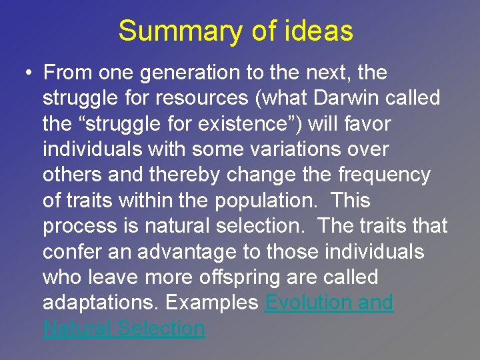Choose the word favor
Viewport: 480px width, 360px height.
365,124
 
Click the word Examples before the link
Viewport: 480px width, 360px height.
211,303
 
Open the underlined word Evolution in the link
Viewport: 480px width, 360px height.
308,303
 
